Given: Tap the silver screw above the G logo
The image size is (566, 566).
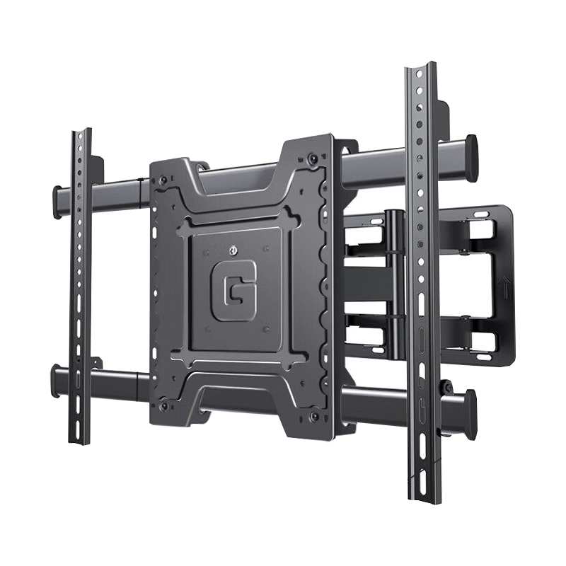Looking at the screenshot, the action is coord(233,250).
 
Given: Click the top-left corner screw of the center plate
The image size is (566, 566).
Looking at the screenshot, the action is coord(163,180).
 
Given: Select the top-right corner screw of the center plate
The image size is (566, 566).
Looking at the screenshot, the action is coord(313,158).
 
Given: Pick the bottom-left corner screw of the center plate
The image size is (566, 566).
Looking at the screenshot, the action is coord(164,405).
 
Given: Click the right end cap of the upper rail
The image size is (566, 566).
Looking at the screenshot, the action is coord(471,158).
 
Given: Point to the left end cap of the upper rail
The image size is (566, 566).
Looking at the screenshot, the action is coord(57,202).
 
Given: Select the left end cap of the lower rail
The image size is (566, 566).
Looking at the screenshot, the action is coord(56,381).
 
